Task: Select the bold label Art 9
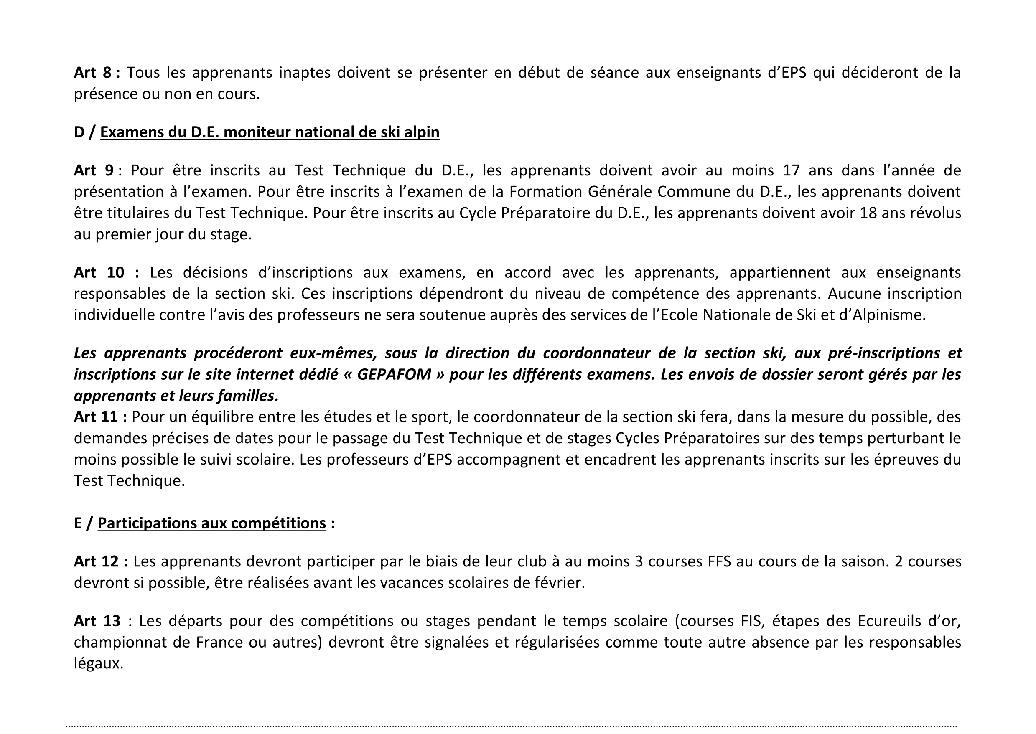[94, 170]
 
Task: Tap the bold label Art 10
[99, 272]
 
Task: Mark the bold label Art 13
[98, 621]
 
